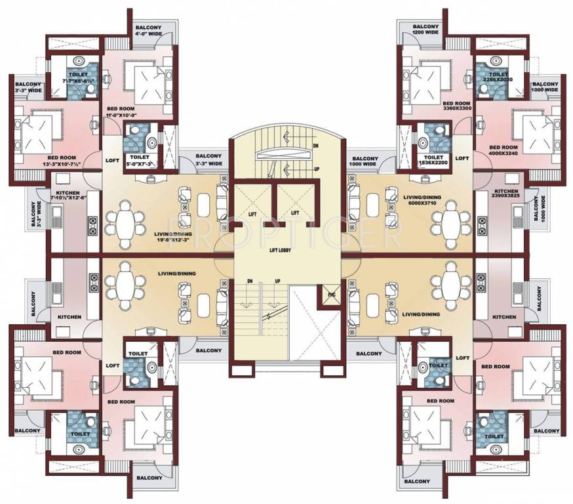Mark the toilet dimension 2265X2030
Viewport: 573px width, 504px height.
496,79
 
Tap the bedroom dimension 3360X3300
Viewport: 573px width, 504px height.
456,110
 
